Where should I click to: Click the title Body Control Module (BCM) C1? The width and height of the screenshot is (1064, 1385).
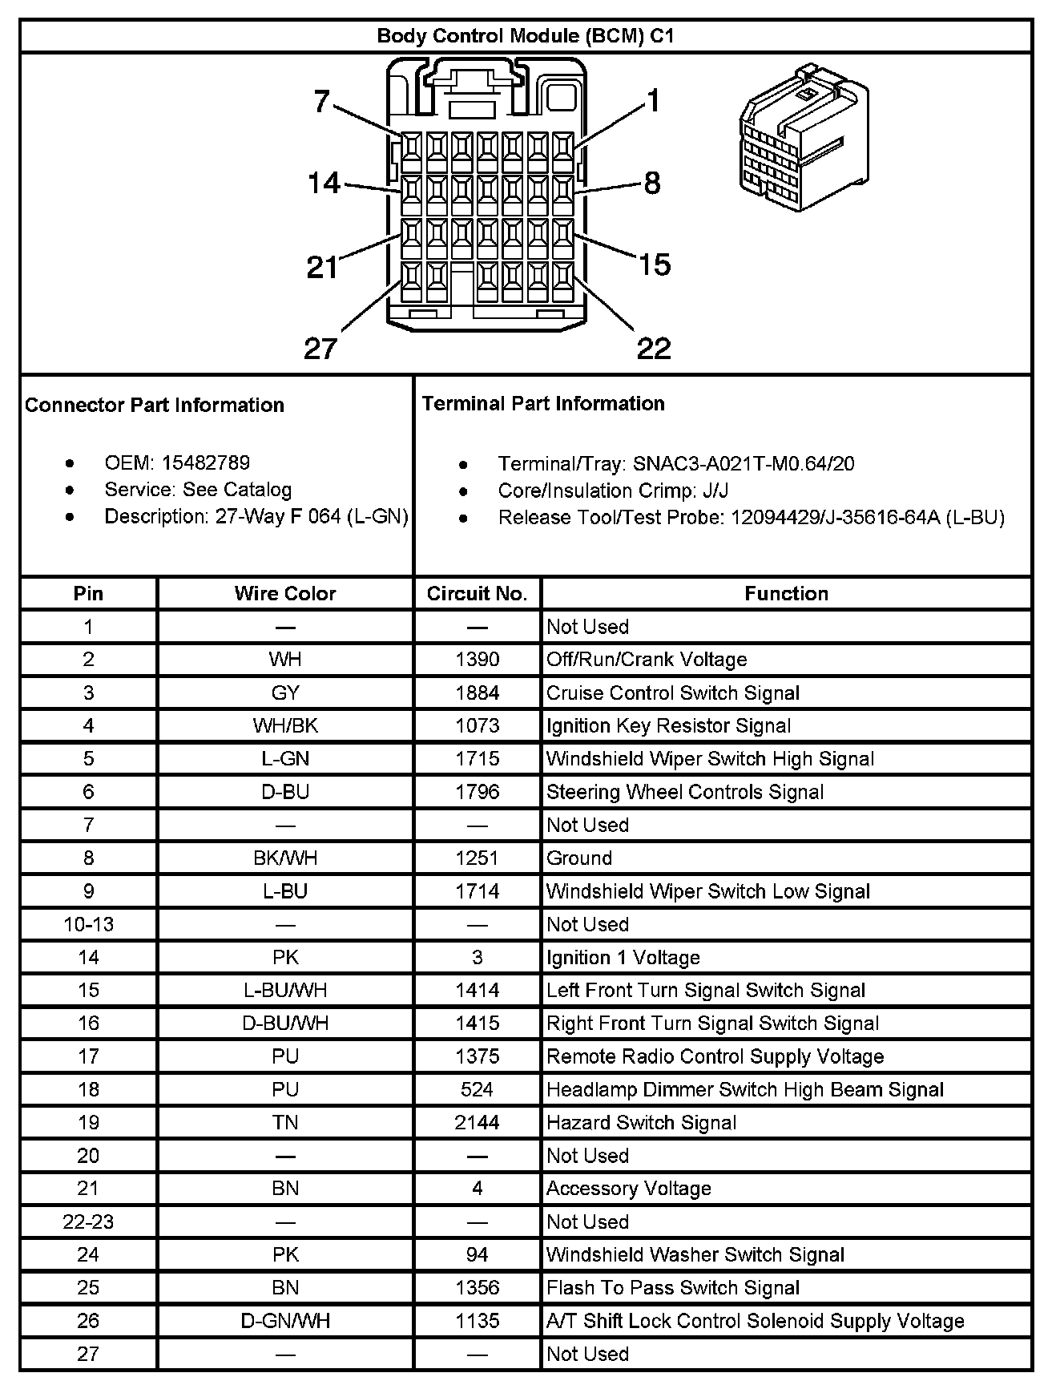coord(525,36)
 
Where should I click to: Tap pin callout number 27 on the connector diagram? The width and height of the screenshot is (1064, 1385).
coord(320,349)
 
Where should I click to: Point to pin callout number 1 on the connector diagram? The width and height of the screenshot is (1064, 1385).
coord(653,102)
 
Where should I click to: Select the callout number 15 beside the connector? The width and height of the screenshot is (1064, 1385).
coord(655,264)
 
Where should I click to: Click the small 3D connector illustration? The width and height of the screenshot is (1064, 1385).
coord(803,137)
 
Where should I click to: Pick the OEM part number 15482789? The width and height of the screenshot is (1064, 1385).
coord(206,463)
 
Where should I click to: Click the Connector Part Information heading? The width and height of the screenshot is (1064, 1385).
coord(155,405)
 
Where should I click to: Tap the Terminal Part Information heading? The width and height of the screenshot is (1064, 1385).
coord(543,403)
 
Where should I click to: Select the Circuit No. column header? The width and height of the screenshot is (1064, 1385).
coord(477,594)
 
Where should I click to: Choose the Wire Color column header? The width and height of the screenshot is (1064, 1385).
coord(285,594)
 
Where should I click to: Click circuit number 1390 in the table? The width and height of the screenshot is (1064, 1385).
coord(477,660)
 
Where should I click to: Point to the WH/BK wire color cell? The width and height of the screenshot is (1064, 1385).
coord(285,726)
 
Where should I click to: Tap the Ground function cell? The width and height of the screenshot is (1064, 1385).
coord(579,858)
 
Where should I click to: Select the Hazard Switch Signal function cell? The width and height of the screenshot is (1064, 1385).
coord(641,1123)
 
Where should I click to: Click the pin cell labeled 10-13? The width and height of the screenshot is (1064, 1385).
coord(88,925)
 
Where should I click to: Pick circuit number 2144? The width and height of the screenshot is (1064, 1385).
coord(477,1123)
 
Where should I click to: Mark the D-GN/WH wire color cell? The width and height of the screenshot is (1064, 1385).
coord(285,1321)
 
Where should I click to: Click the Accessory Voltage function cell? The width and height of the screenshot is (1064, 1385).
coord(629,1189)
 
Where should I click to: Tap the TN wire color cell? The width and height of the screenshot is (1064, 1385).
coord(285,1123)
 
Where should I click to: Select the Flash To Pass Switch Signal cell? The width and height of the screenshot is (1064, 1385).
coord(673,1288)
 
